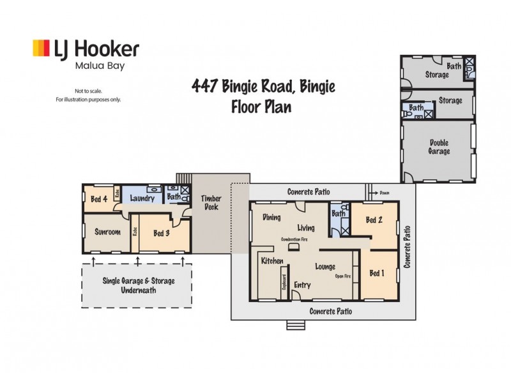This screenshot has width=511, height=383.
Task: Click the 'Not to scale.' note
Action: pos(88,91)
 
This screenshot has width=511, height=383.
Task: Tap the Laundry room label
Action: pos(142,199)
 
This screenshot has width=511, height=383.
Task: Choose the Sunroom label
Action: pos(107,232)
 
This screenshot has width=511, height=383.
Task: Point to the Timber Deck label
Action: pos(211,202)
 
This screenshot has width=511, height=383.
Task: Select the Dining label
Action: pos(272,218)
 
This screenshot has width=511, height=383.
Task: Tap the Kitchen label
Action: pos(272,261)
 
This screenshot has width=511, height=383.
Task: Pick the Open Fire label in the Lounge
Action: pos(343,277)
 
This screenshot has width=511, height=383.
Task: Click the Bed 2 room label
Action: pos(374,220)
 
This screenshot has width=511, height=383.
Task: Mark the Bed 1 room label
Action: pos(378,273)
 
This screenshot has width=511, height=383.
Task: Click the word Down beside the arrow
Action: pos(385,191)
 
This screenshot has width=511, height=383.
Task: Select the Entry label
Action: pos(301,285)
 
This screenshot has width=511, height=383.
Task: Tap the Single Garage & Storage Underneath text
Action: pos(139,285)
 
